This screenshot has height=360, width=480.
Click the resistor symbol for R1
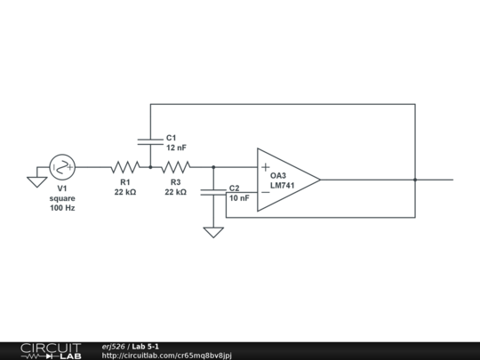[125, 166]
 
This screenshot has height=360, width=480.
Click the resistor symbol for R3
[176, 166]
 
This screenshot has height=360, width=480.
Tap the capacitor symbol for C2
[213, 193]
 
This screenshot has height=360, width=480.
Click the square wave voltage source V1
[62, 166]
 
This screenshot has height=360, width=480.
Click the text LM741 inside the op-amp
[283, 186]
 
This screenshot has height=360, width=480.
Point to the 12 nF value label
[176, 148]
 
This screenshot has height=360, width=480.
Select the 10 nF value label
[239, 198]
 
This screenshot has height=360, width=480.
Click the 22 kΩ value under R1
[125, 192]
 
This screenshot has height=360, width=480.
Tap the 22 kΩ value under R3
[176, 192]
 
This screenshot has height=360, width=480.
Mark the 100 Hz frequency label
[62, 207]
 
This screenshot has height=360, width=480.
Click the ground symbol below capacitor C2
[213, 232]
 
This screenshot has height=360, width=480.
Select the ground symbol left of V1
[36, 181]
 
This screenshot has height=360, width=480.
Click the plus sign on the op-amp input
[265, 167]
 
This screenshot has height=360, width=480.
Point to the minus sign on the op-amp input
[265, 191]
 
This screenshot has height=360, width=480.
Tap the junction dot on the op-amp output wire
[415, 180]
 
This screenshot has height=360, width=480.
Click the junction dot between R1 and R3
[150, 166]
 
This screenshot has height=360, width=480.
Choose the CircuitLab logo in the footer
[51, 350]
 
